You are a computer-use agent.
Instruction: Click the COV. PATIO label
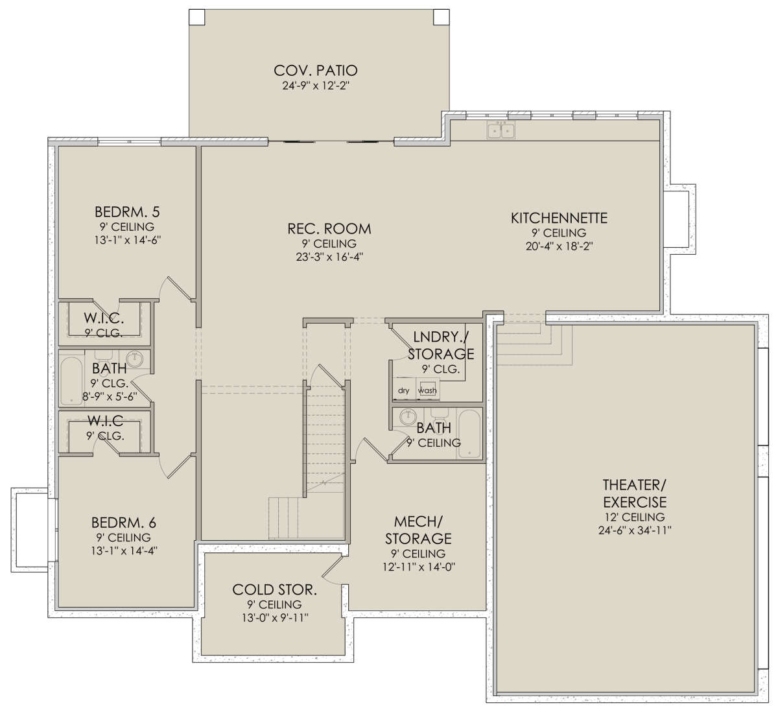pyautogui.click(x=316, y=70)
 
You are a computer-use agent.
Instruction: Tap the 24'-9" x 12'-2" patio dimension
pyautogui.click(x=316, y=86)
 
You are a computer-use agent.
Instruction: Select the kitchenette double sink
pyautogui.click(x=501, y=131)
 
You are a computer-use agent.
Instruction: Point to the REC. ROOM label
pyautogui.click(x=329, y=228)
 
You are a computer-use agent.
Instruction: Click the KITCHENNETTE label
pyautogui.click(x=559, y=218)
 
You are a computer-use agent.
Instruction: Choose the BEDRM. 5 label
pyautogui.click(x=127, y=212)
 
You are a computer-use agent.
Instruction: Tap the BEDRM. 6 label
pyautogui.click(x=124, y=523)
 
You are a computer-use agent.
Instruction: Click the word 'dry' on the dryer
pyautogui.click(x=403, y=390)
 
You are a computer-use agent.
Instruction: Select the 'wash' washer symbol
pyautogui.click(x=427, y=390)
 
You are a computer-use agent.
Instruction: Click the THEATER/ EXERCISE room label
pyautogui.click(x=635, y=493)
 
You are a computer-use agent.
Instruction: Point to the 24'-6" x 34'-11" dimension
pyautogui.click(x=635, y=530)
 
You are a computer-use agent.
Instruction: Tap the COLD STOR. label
pyautogui.click(x=275, y=590)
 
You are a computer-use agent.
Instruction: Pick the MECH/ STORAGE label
pyautogui.click(x=418, y=530)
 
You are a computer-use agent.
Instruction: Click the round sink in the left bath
pyautogui.click(x=135, y=359)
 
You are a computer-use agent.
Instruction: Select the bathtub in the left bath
pyautogui.click(x=71, y=381)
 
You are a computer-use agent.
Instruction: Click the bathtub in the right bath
pyautogui.click(x=469, y=434)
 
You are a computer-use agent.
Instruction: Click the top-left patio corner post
pyautogui.click(x=196, y=17)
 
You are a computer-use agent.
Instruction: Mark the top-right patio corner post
pyautogui.click(x=442, y=17)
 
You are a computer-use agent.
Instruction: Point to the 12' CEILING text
pyautogui.click(x=635, y=517)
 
